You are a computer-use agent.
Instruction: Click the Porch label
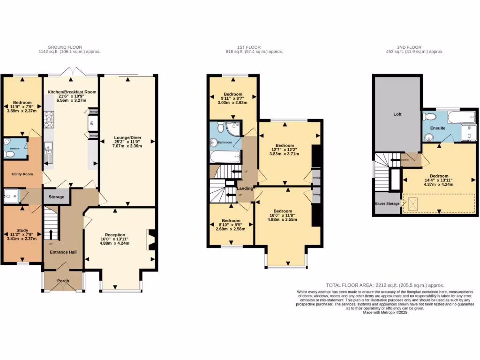click(63, 281)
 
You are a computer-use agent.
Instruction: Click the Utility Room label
click(22, 174)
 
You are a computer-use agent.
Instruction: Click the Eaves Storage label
click(387, 204)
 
